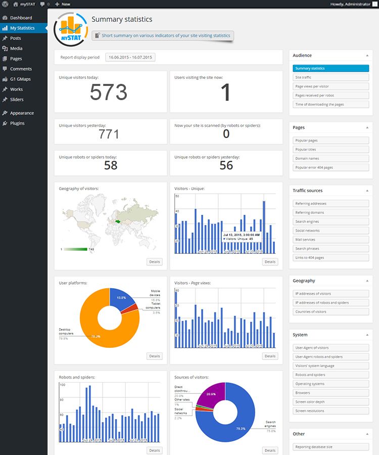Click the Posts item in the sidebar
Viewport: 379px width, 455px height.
(x=15, y=38)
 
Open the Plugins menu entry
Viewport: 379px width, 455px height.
(x=17, y=123)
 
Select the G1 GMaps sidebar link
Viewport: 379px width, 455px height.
(x=20, y=79)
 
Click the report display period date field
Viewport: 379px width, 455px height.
(x=130, y=58)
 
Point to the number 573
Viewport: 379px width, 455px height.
(x=108, y=92)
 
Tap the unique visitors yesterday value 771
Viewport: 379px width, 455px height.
(x=109, y=134)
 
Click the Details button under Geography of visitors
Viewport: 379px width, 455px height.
(x=155, y=262)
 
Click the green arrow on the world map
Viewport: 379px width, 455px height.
(x=118, y=221)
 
